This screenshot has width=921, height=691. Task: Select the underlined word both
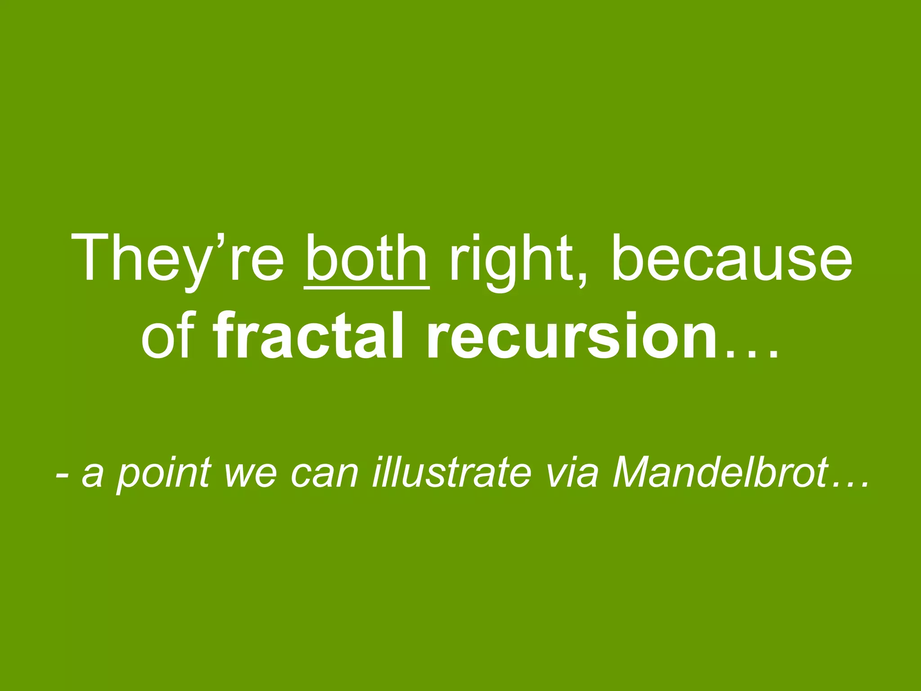pyautogui.click(x=367, y=258)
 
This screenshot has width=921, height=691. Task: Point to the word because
pyautogui.click(x=730, y=258)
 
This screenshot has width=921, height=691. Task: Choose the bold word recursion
pyautogui.click(x=571, y=335)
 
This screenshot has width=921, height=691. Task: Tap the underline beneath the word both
pyautogui.click(x=367, y=287)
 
